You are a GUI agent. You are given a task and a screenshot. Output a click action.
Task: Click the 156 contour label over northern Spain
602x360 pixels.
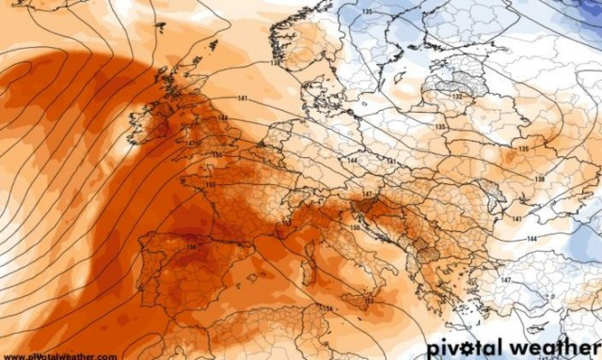pyautogui.click(x=191, y=246)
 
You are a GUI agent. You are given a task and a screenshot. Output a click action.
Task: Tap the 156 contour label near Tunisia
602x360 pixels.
pyautogui.click(x=327, y=309)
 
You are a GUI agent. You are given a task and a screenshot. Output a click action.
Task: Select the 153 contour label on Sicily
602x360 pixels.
pyautogui.click(x=369, y=302)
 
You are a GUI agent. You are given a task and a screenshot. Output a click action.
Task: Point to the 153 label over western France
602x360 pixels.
pyautogui.click(x=210, y=185)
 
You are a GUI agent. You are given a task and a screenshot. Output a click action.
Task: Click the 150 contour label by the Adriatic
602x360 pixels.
pyautogui.click(x=355, y=227)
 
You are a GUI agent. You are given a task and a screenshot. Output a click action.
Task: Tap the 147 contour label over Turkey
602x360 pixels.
pyautogui.click(x=505, y=281)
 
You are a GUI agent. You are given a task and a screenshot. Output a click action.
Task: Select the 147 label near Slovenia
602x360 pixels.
pyautogui.click(x=369, y=194)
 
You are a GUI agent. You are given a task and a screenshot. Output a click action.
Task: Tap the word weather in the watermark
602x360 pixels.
pyautogui.click(x=556, y=347)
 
